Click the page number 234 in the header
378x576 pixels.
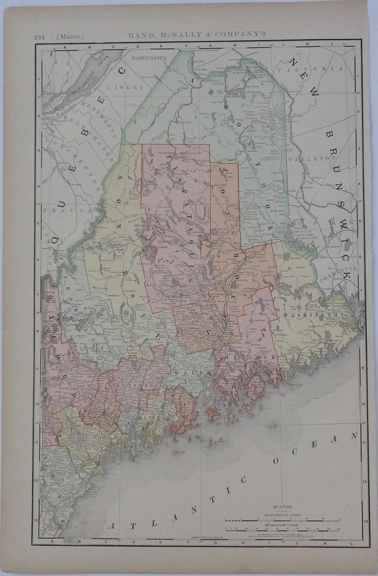click(x=39, y=36)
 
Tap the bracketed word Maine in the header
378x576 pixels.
click(x=70, y=36)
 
